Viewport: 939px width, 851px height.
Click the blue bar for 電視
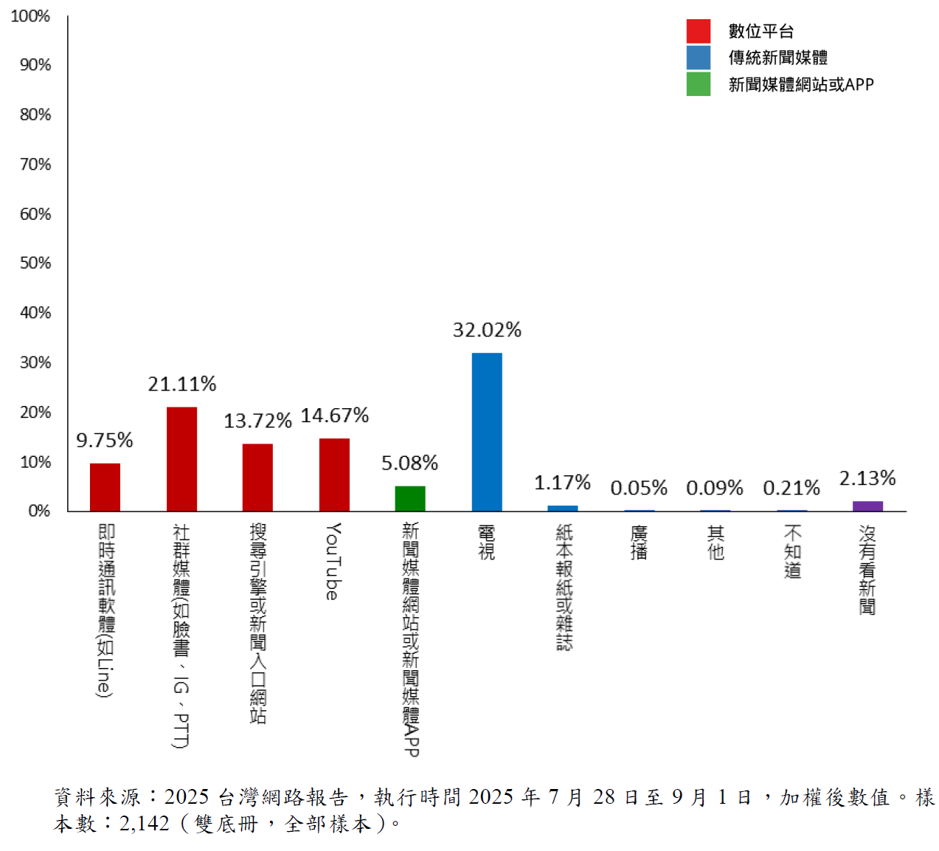pos(487,432)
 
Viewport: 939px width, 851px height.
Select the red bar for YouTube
pos(334,475)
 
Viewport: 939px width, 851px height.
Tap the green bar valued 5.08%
pos(410,498)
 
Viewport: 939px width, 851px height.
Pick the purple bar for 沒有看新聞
pos(867,506)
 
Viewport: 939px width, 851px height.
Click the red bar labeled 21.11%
pos(181,458)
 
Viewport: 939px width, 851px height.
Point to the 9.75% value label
pos(105,441)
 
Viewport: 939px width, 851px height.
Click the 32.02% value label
pos(487,330)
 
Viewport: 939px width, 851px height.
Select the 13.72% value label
pos(257,421)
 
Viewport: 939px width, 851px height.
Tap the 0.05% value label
pos(639,488)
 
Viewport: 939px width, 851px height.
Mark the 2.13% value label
pos(867,478)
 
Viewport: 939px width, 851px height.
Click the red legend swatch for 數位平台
pos(698,31)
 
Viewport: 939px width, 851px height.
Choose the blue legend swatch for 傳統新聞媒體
pos(698,58)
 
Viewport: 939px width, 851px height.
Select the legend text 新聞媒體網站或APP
pos(801,85)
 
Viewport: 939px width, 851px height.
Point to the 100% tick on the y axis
pos(30,16)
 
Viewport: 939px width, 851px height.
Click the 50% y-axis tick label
pos(35,263)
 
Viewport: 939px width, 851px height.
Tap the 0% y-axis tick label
pos(39,511)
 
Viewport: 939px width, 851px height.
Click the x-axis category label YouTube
pos(333,561)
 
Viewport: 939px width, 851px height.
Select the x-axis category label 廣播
pos(639,542)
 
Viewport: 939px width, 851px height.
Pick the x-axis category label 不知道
pos(792,551)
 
